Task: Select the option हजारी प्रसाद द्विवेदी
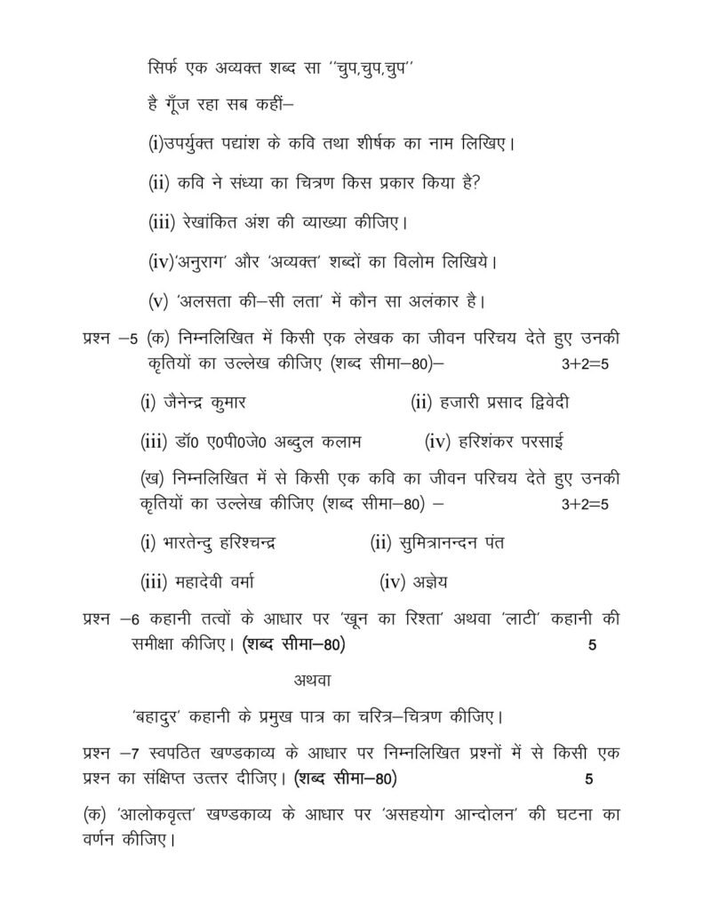504,403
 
